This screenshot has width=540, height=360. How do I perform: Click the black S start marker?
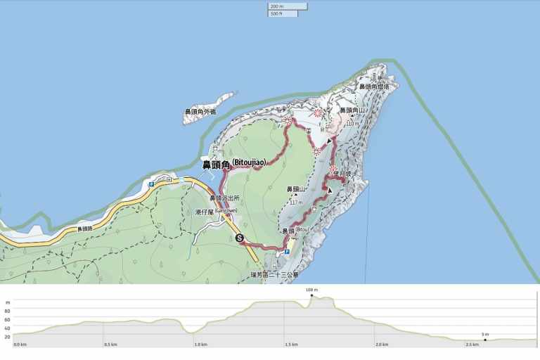(x=240, y=238)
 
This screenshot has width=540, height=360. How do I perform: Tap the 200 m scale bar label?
(x=276, y=6)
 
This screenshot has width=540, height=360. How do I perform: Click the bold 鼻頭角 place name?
(x=217, y=165)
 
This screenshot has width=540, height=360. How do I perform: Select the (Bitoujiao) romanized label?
(x=248, y=163)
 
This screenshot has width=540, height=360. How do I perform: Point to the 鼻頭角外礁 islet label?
(x=200, y=112)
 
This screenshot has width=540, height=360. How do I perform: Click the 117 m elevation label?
(x=295, y=202)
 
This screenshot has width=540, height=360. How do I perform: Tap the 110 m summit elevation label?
(x=352, y=124)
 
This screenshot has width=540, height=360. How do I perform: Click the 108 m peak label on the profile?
(x=311, y=290)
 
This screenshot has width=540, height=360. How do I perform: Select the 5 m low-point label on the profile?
(x=485, y=334)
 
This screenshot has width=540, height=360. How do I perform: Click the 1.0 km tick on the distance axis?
(x=200, y=345)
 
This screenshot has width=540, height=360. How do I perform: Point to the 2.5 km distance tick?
(x=472, y=345)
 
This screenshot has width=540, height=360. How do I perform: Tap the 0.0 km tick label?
(x=20, y=345)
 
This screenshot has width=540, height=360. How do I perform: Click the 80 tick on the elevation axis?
(x=7, y=302)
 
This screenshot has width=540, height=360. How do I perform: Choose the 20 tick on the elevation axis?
(x=7, y=337)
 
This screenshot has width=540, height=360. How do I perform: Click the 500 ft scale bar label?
(x=276, y=13)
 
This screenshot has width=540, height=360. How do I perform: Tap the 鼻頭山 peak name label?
(x=295, y=190)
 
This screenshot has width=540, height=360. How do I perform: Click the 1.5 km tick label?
(x=291, y=345)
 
